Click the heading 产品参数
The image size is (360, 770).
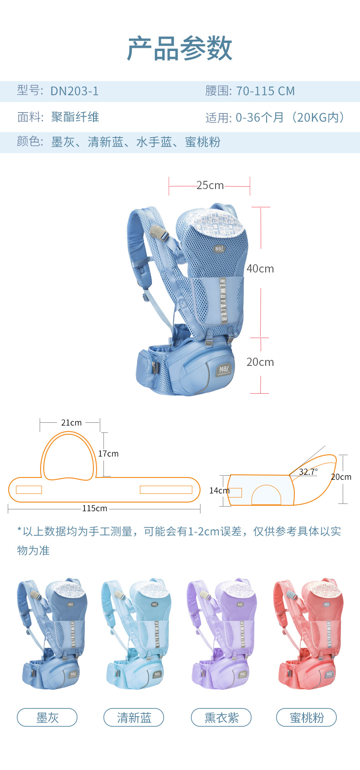(180, 48)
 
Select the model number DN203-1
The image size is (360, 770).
(75, 91)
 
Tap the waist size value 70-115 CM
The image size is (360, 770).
(266, 91)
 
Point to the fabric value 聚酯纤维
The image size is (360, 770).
(75, 117)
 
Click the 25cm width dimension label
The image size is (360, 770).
(210, 185)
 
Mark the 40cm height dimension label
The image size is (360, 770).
(260, 268)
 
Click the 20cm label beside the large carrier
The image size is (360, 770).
(260, 362)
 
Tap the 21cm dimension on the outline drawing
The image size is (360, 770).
(72, 422)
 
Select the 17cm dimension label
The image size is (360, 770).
(108, 454)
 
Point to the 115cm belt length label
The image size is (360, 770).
(94, 508)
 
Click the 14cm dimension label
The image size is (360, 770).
(219, 491)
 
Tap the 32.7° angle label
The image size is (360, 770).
(308, 472)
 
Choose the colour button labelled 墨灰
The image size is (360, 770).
(47, 718)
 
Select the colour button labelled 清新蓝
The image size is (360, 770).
(134, 718)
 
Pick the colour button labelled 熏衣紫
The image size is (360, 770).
(221, 718)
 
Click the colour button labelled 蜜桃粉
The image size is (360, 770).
(306, 718)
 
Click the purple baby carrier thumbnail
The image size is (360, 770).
(222, 633)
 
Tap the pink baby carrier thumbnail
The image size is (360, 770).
(308, 633)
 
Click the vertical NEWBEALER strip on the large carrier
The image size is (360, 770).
(223, 300)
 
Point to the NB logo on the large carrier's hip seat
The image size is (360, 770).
(224, 370)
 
